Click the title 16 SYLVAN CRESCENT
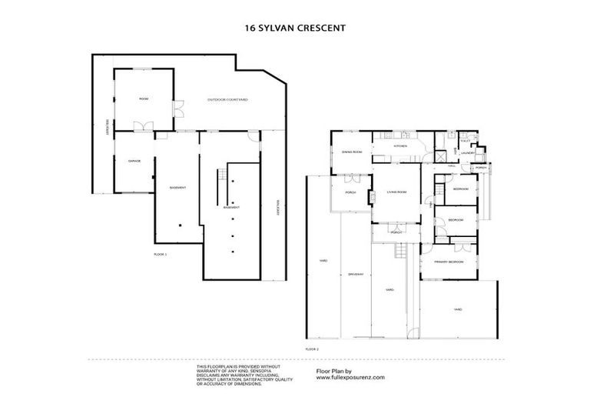click(x=294, y=28)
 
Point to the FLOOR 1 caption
click(x=160, y=253)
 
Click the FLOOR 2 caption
click(x=312, y=349)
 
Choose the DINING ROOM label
click(x=352, y=152)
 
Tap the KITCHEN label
click(x=400, y=145)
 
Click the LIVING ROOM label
click(x=396, y=192)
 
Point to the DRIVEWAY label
click(x=355, y=274)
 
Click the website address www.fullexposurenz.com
click(x=350, y=378)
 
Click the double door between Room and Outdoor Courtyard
click(x=177, y=109)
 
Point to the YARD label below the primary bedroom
click(x=457, y=309)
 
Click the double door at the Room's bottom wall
click(x=141, y=127)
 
